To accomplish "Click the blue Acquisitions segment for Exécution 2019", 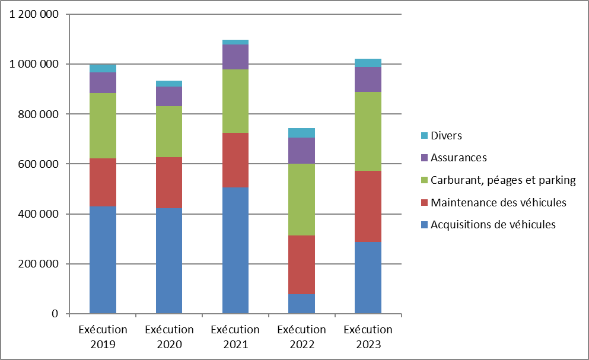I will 103,259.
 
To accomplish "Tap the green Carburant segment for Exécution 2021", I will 235,101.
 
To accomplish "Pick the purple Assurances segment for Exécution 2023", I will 368,79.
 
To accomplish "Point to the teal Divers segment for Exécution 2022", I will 301,133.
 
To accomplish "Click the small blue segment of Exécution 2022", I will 301,303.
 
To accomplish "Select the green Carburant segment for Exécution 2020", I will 169,132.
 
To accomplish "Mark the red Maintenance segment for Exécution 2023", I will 368,206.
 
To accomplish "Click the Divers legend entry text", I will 446,135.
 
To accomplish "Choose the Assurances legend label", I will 459,158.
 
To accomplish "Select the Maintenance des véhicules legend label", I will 498,203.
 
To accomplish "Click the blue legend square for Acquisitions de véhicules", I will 424,225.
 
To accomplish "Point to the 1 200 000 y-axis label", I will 34,14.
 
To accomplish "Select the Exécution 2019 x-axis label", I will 103,337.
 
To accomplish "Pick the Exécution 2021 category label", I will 235,337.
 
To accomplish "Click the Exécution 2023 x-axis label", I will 368,337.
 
